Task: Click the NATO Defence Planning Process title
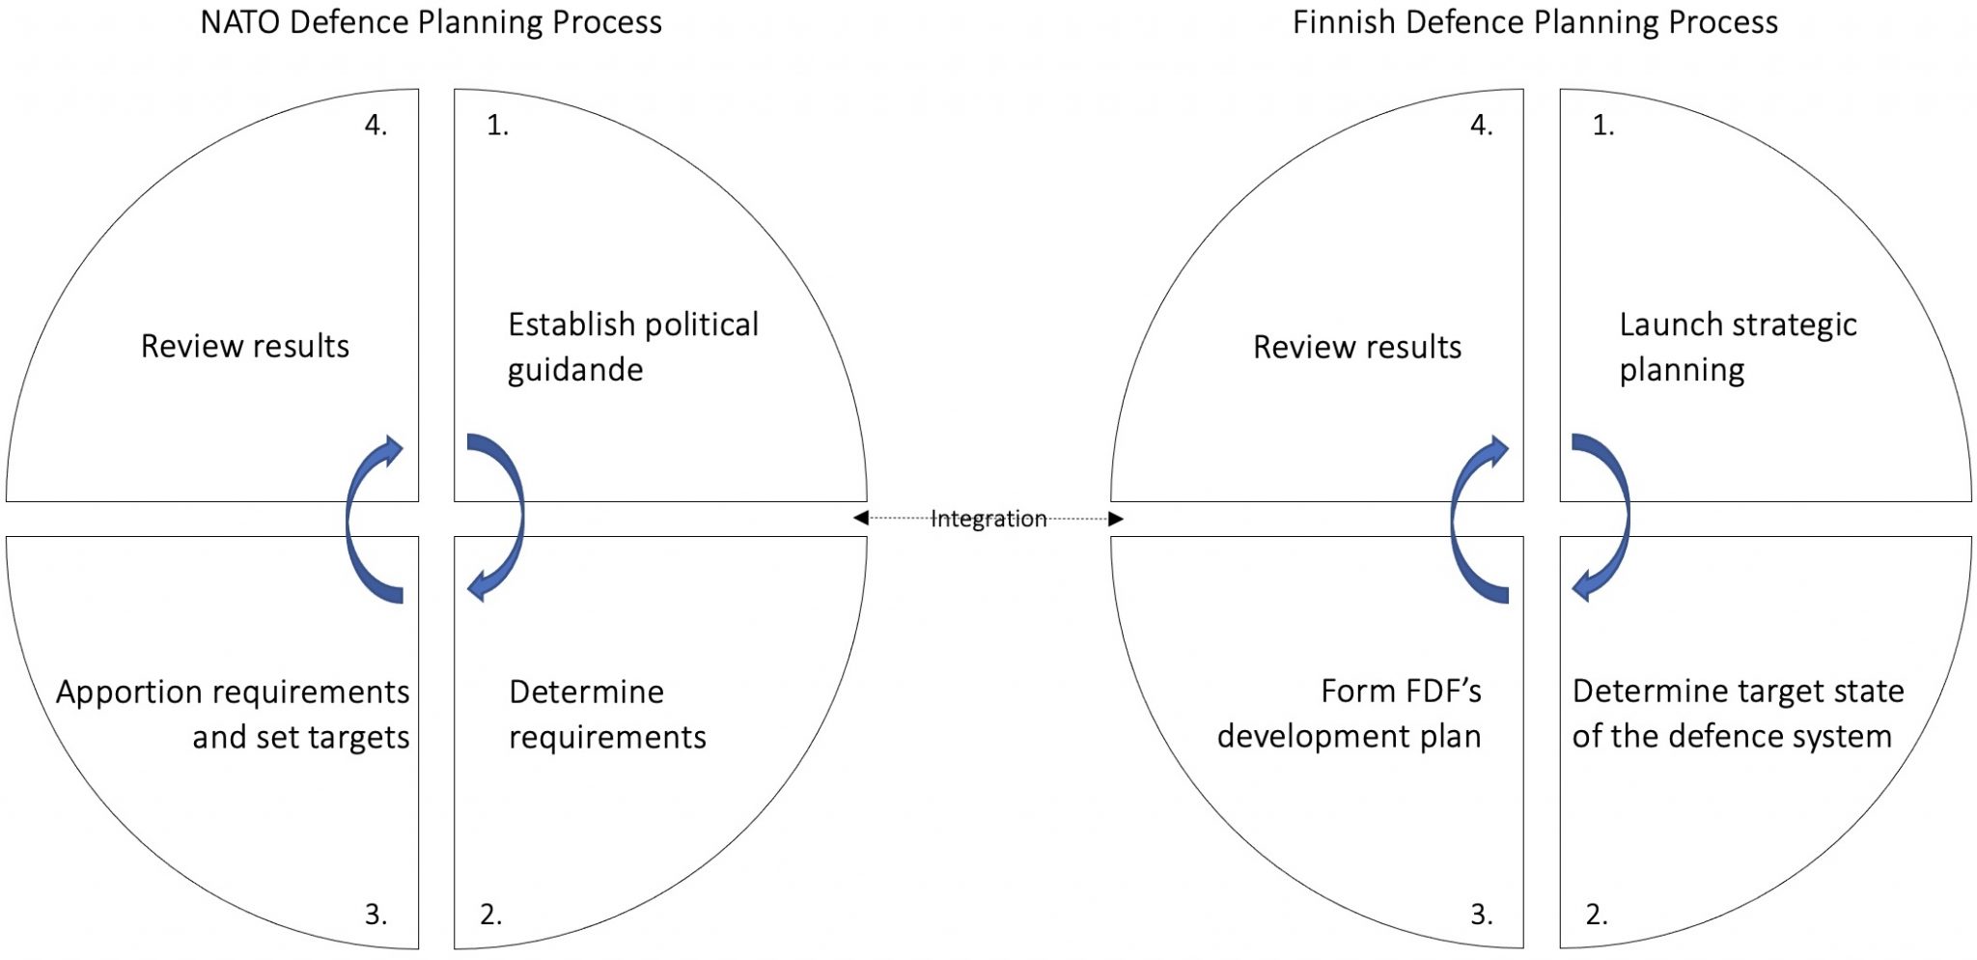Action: (x=431, y=22)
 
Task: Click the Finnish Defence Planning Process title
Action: (x=1535, y=22)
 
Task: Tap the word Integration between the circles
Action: (x=988, y=520)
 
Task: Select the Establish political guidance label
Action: (x=633, y=347)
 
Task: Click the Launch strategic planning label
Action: (x=1738, y=347)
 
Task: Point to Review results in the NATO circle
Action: (x=245, y=346)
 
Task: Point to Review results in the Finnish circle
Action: (x=1357, y=347)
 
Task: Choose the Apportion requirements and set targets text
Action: (x=233, y=715)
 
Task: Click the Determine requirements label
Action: (x=607, y=715)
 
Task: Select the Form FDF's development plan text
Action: (x=1349, y=714)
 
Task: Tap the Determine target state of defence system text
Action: (x=1738, y=714)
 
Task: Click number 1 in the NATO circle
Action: (x=497, y=126)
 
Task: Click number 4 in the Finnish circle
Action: (x=1481, y=126)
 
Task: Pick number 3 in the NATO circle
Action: (x=376, y=914)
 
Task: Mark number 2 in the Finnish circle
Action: (x=1597, y=914)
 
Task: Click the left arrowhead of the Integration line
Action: (x=861, y=519)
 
